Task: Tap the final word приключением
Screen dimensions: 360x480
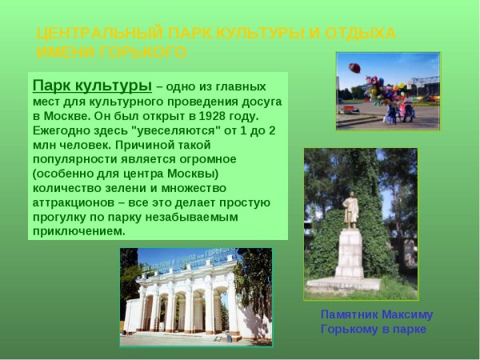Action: coord(78,231)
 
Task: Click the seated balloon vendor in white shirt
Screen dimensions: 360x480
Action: coord(391,111)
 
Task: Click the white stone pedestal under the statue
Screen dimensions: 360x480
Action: coord(350,254)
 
